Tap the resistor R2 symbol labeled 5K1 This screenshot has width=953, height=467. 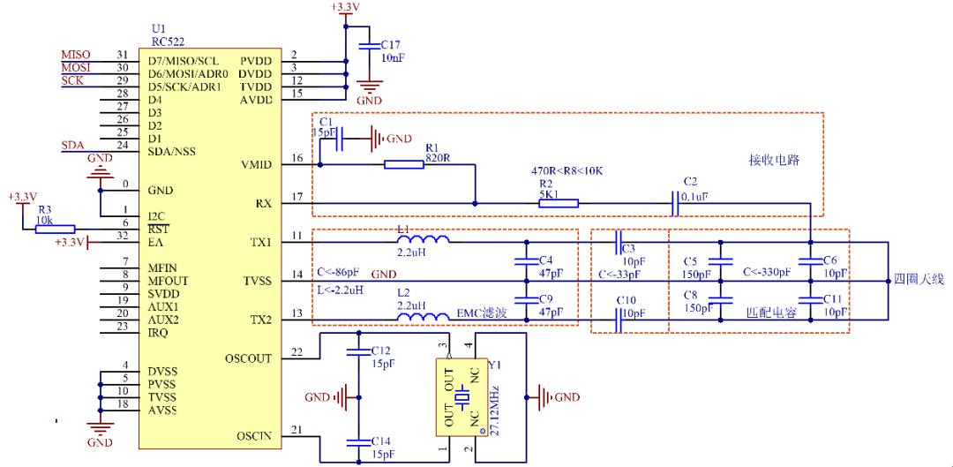pos(559,203)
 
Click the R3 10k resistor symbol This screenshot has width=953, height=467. pos(55,229)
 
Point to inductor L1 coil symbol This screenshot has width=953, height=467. pos(424,240)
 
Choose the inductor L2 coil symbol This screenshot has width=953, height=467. pos(424,317)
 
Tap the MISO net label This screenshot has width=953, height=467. pos(75,56)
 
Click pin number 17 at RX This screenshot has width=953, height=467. pos(296,196)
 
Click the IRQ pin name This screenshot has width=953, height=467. pos(158,333)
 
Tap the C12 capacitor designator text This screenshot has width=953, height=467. pos(380,350)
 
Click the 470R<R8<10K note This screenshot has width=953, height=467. pos(566,170)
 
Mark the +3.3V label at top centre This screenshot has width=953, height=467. pos(345,8)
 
